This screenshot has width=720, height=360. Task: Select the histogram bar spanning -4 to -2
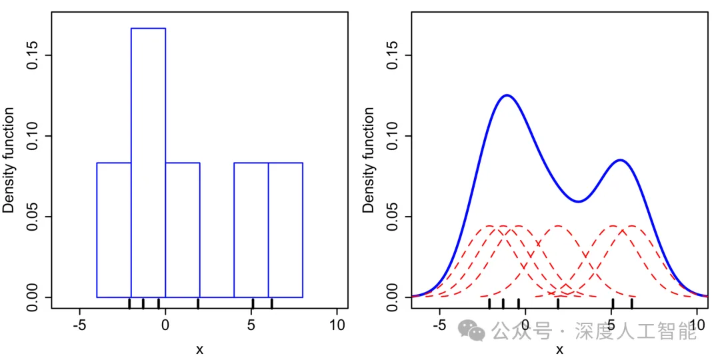point(114,229)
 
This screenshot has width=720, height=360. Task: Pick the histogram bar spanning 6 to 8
point(285,229)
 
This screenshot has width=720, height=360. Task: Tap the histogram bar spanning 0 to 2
point(183,229)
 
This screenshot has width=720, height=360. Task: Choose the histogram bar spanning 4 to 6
point(251,229)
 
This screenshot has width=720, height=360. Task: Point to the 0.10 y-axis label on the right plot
point(391,136)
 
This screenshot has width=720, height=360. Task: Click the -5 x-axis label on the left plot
point(79,325)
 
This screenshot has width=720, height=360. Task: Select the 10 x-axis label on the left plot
point(337,325)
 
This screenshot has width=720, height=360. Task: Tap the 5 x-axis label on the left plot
point(251,325)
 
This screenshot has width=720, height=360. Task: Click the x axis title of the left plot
point(199,349)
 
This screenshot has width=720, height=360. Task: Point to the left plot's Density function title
point(9,160)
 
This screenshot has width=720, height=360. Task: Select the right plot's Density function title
point(369,160)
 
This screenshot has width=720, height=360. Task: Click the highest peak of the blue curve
point(507,95)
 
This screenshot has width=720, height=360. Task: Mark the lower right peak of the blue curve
point(620,160)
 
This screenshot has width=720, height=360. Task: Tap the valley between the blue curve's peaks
point(578,201)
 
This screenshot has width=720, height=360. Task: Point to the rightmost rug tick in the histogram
point(271,303)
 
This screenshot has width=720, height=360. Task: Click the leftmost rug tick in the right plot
point(489,303)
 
